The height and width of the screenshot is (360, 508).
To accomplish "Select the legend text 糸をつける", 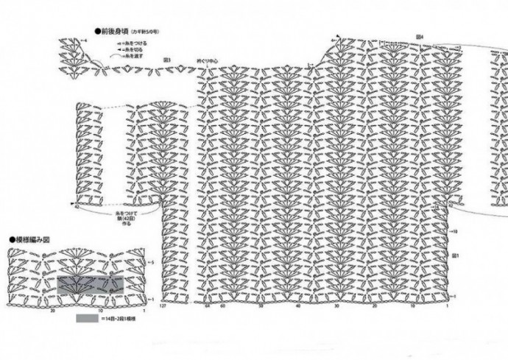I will (x=135, y=43).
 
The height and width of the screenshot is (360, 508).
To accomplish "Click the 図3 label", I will (x=167, y=60).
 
